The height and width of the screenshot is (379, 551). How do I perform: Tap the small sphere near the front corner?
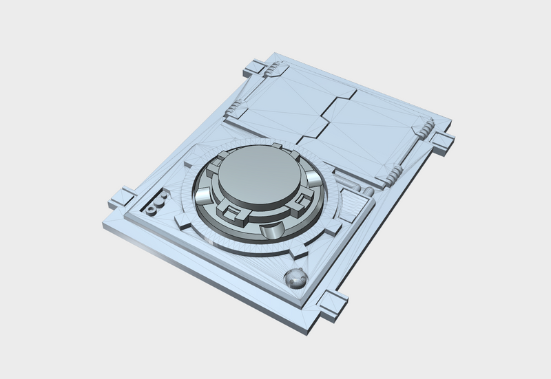point(295,279)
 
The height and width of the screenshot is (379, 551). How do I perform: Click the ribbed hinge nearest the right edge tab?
point(425,127)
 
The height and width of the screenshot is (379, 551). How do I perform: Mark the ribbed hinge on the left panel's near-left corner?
point(237,109)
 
